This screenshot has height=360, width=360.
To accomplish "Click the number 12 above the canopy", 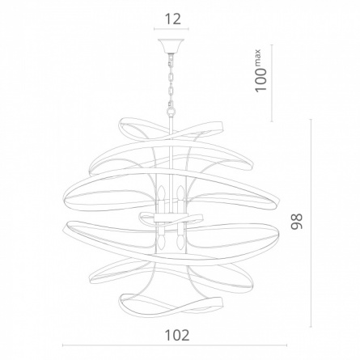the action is [172, 19].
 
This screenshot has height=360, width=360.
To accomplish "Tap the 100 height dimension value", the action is [260, 79].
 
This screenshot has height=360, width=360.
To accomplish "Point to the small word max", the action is [257, 57].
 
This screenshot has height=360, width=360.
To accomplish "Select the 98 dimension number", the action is [297, 222].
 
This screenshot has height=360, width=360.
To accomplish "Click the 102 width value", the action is [177, 336].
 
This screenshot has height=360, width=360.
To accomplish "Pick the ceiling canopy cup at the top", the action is [171, 46].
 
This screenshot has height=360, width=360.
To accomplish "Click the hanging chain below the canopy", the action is [171, 80].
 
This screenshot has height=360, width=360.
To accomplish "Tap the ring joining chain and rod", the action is [171, 111].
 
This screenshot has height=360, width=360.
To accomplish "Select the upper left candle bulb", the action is [162, 193].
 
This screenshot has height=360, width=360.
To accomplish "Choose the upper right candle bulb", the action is [180, 193].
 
